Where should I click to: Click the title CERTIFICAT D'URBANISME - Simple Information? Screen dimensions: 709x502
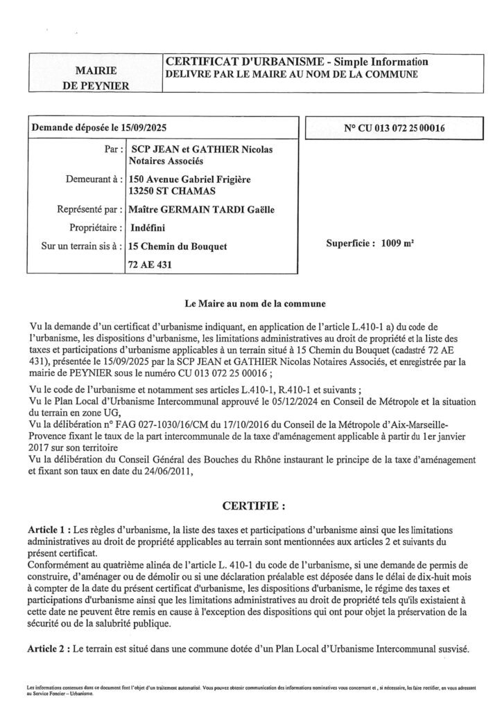pyautogui.click(x=296, y=62)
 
